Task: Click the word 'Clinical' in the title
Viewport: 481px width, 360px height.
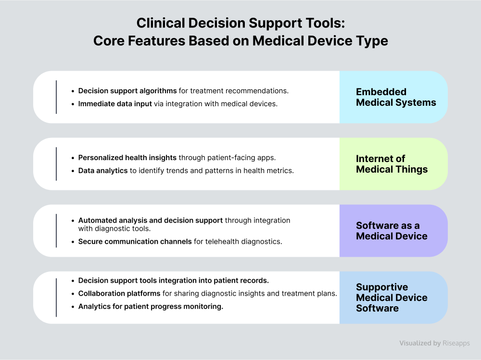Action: [x=161, y=23]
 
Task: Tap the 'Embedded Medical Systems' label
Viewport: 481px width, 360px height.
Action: [x=396, y=97]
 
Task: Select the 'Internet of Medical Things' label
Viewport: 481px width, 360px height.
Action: [x=392, y=164]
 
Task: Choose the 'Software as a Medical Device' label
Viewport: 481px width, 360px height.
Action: [x=392, y=231]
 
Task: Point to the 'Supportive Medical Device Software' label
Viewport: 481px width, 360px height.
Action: [x=392, y=298]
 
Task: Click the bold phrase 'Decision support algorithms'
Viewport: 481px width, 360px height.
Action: [x=127, y=91]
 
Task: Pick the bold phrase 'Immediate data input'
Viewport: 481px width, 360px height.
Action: [x=115, y=104]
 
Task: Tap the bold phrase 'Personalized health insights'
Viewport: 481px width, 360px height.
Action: [x=127, y=158]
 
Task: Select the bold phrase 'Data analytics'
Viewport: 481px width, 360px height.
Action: [x=103, y=171]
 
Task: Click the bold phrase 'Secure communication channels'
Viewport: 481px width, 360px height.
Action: [x=135, y=242]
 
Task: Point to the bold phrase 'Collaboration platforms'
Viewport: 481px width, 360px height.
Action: [x=119, y=294]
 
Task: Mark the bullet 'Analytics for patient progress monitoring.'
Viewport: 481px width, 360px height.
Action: [x=151, y=307]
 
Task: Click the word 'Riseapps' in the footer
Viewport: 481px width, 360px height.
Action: [x=456, y=344]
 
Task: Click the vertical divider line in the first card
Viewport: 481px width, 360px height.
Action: [x=56, y=97]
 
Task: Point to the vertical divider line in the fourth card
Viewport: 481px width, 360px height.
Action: [x=56, y=298]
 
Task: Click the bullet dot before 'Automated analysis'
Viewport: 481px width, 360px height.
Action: [x=73, y=221]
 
